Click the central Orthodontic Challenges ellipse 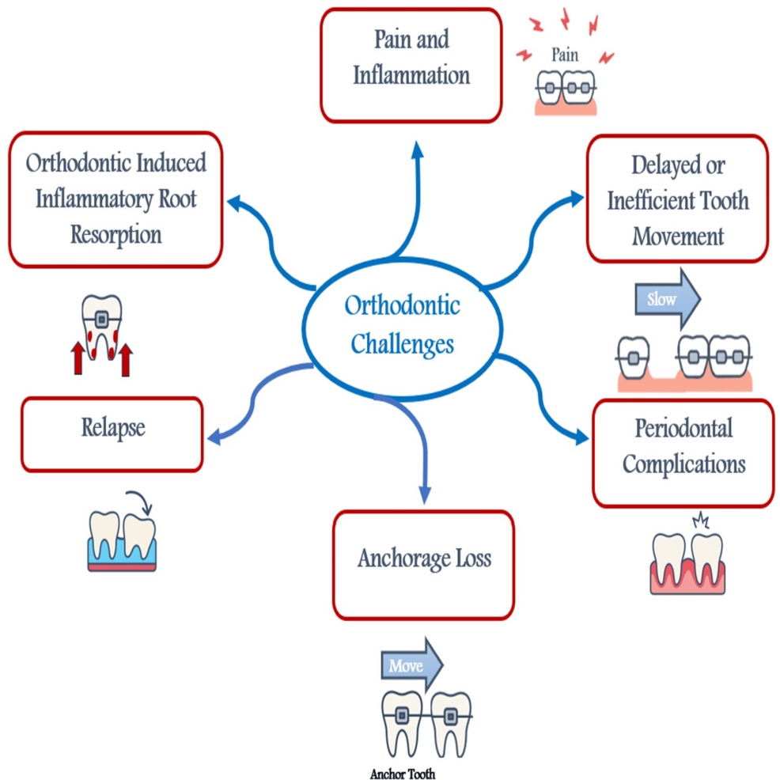click(x=403, y=324)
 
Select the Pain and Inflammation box click(x=411, y=65)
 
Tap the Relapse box click(x=112, y=434)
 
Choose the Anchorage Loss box click(x=423, y=564)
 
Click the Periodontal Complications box click(x=683, y=452)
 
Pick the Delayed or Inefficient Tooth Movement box click(x=677, y=199)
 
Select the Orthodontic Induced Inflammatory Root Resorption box click(x=115, y=199)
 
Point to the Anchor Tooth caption click(x=402, y=774)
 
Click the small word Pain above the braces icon click(x=564, y=55)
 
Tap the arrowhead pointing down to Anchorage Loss click(x=425, y=494)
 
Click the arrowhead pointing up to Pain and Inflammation click(x=418, y=150)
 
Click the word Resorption click(x=115, y=235)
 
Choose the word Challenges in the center click(x=402, y=344)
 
